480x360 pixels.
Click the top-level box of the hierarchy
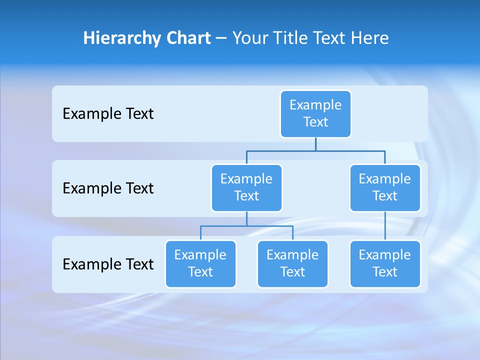click(315, 113)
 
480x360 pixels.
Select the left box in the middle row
click(246, 187)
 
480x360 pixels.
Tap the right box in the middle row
click(385, 187)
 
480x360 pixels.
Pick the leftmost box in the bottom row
click(200, 263)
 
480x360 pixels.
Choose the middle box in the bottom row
click(292, 263)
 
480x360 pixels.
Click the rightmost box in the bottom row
click(385, 263)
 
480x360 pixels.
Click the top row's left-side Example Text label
click(108, 114)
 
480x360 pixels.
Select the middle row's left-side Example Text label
click(108, 188)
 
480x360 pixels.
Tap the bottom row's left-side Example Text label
click(108, 264)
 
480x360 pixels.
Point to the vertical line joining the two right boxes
click(385, 225)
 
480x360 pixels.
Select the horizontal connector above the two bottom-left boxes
click(246, 226)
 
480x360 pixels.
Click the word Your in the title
click(250, 38)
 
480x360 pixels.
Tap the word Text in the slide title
click(329, 38)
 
